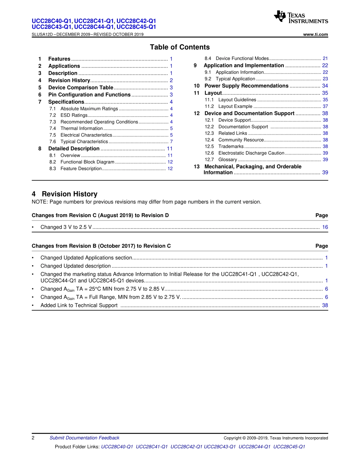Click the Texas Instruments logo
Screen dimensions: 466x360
point(301,17)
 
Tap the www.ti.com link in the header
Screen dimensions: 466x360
point(316,34)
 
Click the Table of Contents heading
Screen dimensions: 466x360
point(180,47)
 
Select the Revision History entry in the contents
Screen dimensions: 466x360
point(69,80)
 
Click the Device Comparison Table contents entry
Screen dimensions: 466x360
point(80,88)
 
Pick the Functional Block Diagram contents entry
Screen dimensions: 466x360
point(87,162)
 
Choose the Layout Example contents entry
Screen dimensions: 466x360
point(235,106)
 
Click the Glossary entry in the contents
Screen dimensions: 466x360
point(227,160)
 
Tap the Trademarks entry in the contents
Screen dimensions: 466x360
point(231,146)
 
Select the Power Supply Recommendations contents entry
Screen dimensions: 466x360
point(246,86)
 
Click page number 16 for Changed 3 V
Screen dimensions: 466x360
point(325,227)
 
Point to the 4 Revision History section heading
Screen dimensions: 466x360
point(64,194)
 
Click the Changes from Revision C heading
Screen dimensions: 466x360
point(100,215)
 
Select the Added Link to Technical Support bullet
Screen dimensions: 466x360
point(79,305)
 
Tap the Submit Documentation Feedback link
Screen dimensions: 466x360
point(84,438)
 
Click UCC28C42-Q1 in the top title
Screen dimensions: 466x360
point(136,21)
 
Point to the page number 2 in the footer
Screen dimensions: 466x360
point(33,438)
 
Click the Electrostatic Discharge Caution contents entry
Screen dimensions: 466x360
point(251,153)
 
